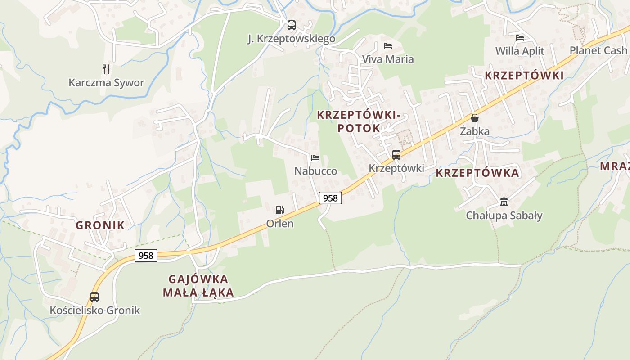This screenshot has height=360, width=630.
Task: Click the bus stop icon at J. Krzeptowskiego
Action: click(x=292, y=25)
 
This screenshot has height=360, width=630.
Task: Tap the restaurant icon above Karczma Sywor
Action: click(x=106, y=69)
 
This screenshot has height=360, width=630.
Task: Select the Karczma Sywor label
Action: click(x=106, y=83)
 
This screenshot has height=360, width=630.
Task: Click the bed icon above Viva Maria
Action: click(x=388, y=46)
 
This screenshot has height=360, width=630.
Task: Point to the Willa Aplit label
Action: click(x=520, y=51)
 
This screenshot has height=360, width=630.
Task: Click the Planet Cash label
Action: click(x=598, y=50)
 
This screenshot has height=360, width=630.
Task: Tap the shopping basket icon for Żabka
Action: click(x=474, y=118)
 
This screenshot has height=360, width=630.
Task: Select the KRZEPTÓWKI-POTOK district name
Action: click(x=359, y=121)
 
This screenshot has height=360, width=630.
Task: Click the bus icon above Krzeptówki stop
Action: click(x=396, y=155)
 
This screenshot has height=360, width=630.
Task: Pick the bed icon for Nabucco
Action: click(x=315, y=158)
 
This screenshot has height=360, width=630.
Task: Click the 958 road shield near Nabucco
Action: click(x=330, y=198)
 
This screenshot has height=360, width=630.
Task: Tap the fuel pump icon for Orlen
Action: click(x=280, y=210)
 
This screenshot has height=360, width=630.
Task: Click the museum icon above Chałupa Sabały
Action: click(x=504, y=202)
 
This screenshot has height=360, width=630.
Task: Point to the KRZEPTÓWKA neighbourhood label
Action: click(x=477, y=173)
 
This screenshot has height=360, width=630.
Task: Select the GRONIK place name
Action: click(x=100, y=225)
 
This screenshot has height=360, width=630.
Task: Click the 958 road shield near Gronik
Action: click(x=146, y=256)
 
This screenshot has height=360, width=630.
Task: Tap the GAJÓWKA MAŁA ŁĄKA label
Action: click(x=198, y=286)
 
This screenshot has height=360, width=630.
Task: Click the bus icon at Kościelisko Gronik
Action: click(x=94, y=297)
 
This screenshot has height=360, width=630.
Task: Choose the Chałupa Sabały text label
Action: click(x=504, y=216)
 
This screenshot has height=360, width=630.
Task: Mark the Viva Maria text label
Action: click(x=388, y=59)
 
